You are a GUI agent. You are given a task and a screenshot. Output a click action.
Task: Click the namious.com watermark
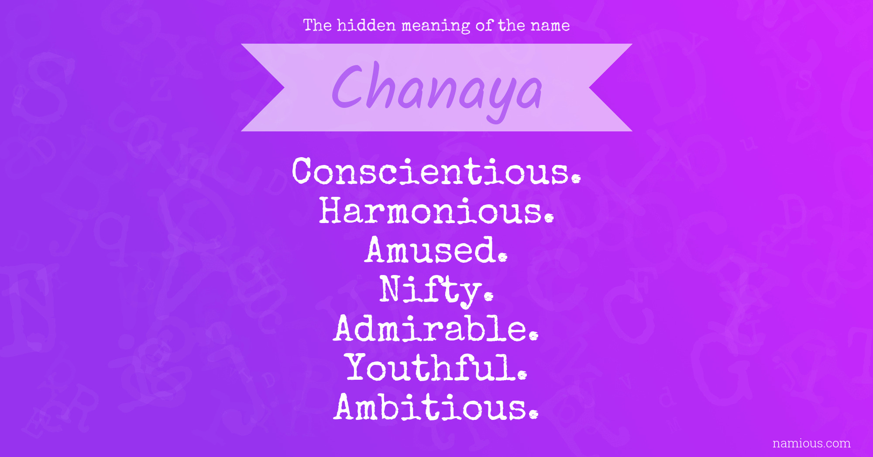(811, 443)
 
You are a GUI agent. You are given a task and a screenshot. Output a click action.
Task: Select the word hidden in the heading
(366, 25)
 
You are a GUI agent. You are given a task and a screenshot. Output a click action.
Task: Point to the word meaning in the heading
(436, 26)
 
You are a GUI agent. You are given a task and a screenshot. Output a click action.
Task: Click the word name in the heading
(550, 26)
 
